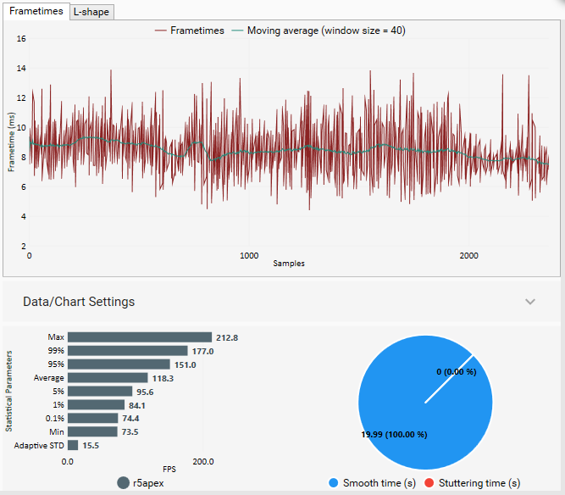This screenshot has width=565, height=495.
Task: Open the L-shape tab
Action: pyautogui.click(x=91, y=12)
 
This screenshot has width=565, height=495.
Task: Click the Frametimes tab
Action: pyautogui.click(x=36, y=12)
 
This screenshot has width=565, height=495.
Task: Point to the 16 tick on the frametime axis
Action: pyautogui.click(x=21, y=39)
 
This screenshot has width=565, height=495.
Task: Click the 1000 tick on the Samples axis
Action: pyautogui.click(x=249, y=255)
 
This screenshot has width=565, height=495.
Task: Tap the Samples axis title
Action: pyautogui.click(x=289, y=264)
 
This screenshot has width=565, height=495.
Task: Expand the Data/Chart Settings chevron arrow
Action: pyautogui.click(x=530, y=302)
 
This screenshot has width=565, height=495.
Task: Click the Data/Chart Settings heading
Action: pyautogui.click(x=79, y=302)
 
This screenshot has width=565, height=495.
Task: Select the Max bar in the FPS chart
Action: pyautogui.click(x=139, y=337)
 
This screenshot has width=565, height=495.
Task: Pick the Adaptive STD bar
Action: pyautogui.click(x=73, y=445)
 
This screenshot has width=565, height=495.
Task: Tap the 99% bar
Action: pyautogui.click(x=127, y=351)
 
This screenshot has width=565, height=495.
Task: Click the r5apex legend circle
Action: pyautogui.click(x=124, y=483)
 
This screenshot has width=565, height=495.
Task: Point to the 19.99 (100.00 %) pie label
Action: pyautogui.click(x=394, y=435)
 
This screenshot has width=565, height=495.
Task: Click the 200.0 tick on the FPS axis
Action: pyautogui.click(x=203, y=462)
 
